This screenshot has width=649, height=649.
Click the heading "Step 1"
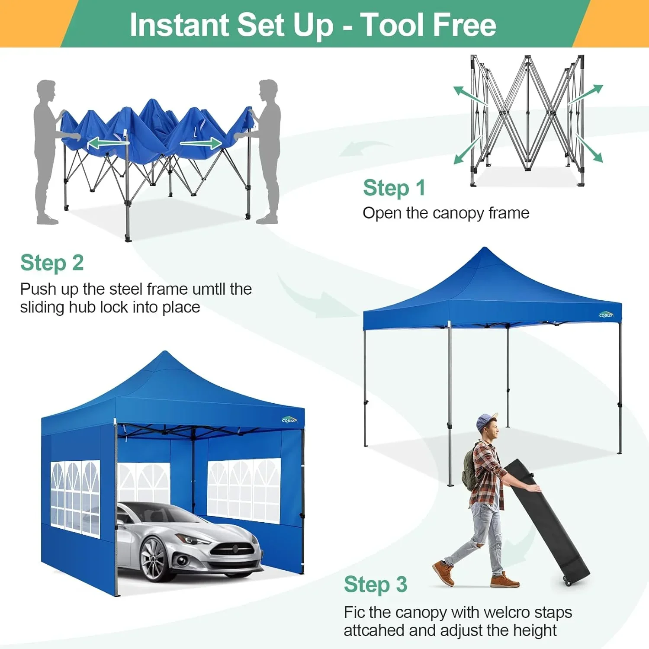click(394, 188)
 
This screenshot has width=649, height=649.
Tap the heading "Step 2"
click(52, 263)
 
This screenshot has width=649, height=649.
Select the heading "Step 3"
click(375, 585)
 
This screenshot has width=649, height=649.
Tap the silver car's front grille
click(231, 550)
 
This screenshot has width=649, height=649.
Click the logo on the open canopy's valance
click(606, 315)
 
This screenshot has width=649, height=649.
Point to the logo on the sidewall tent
click(289, 420)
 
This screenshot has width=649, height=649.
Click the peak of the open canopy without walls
click(485, 250)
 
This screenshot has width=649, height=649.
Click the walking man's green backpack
click(469, 469)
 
